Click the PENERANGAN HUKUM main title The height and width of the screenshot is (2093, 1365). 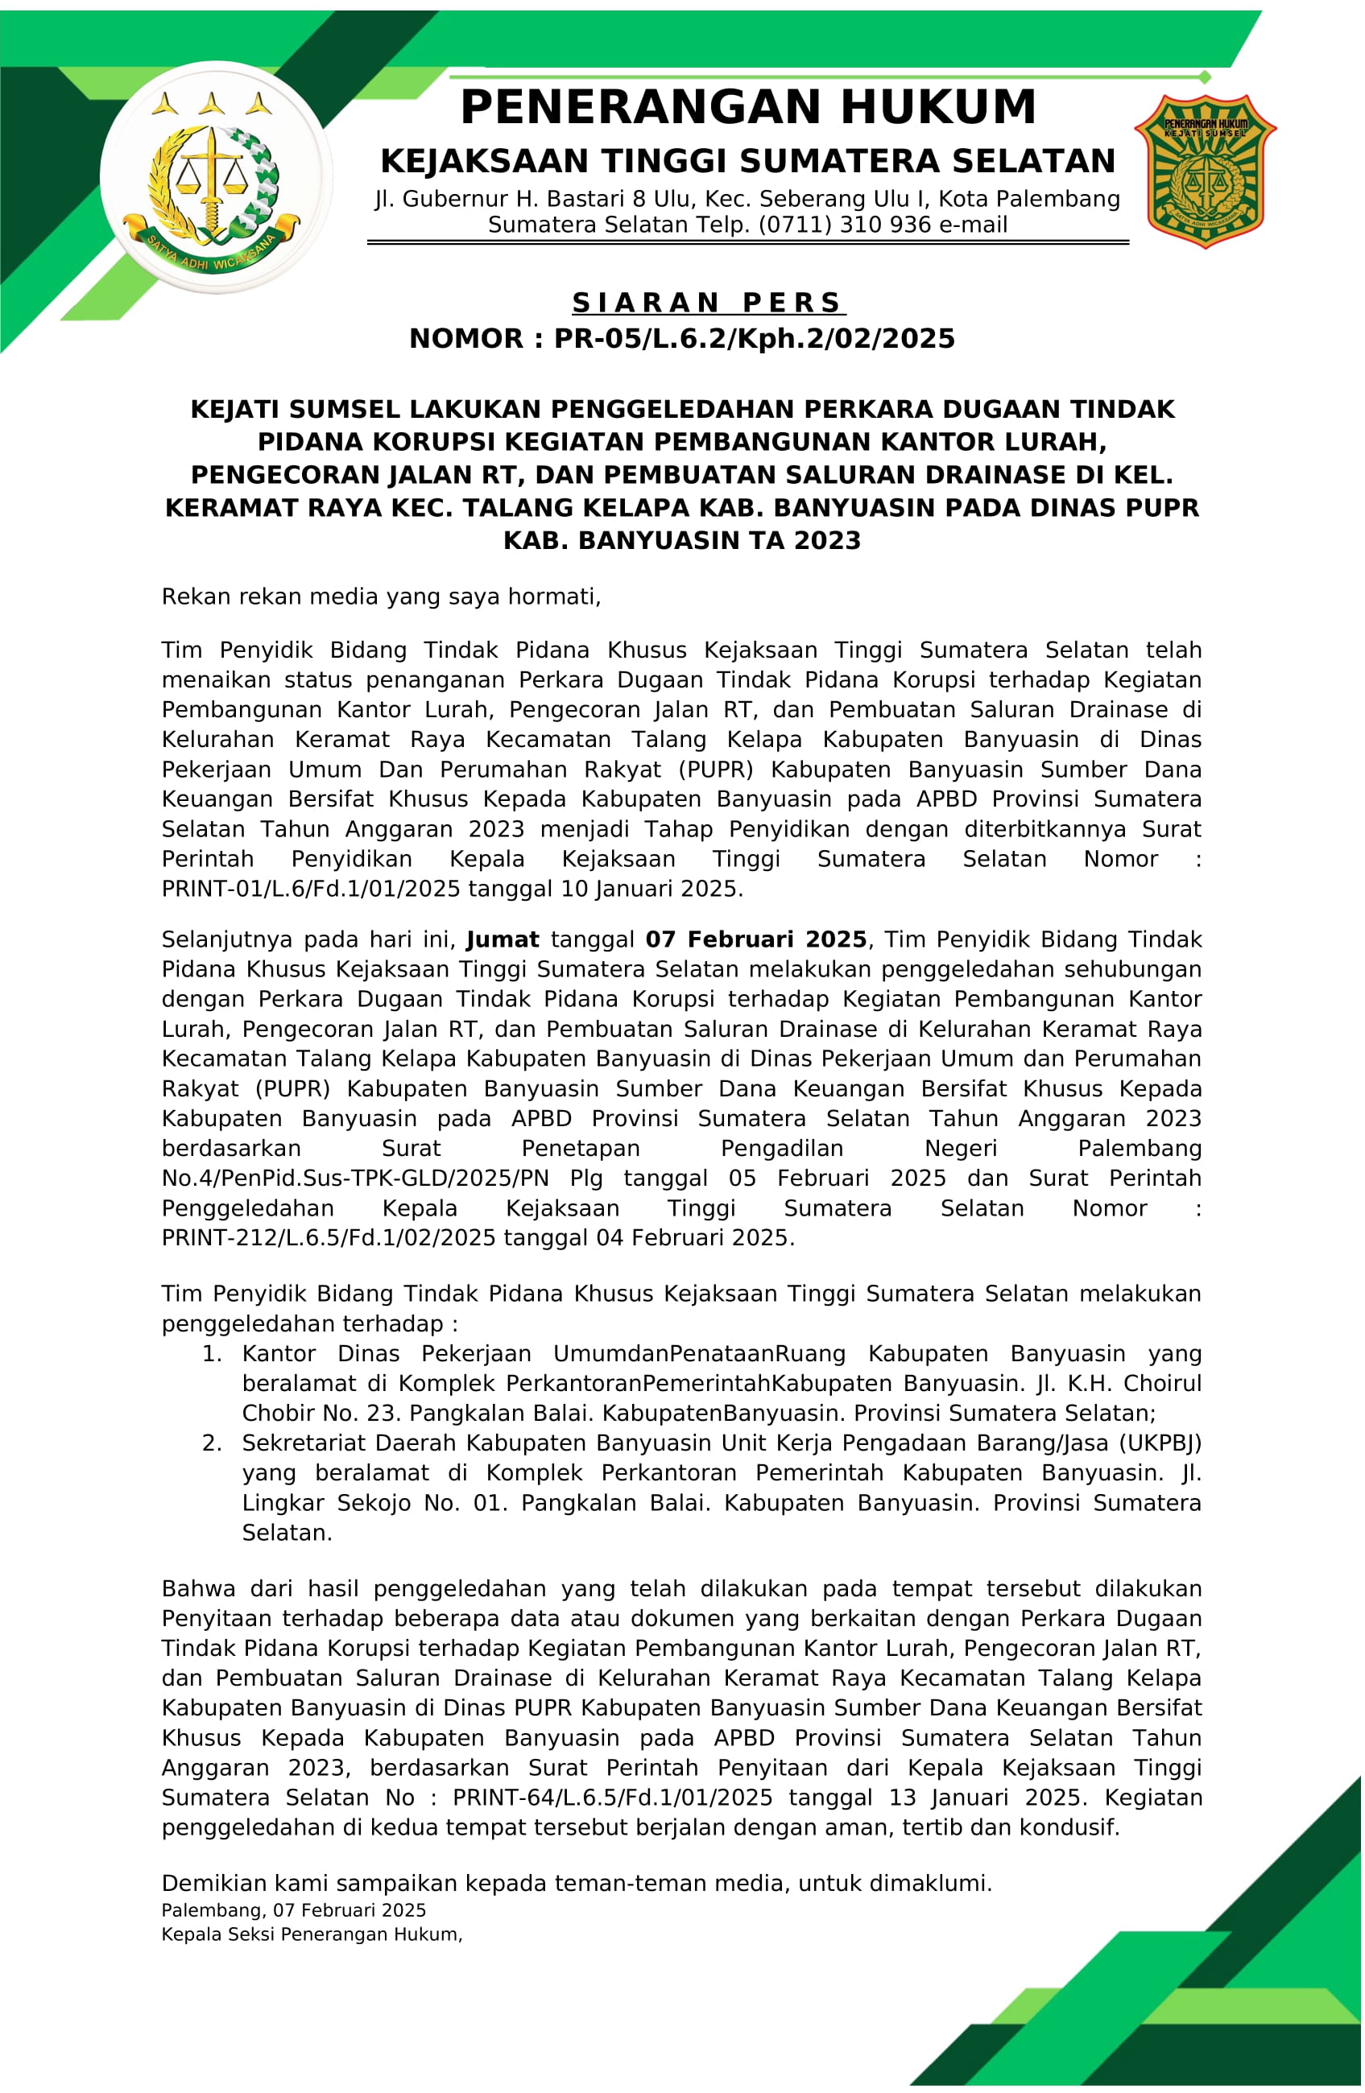[x=747, y=107]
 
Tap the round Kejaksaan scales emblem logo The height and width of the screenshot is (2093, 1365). [x=216, y=178]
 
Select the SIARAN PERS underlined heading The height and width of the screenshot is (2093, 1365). [x=708, y=303]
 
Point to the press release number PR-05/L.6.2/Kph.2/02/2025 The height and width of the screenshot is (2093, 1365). [x=754, y=339]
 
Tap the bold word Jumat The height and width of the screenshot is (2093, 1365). [x=503, y=939]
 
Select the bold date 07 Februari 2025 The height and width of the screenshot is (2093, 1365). [x=755, y=939]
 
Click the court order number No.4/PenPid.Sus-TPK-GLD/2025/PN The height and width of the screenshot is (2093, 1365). [x=355, y=1178]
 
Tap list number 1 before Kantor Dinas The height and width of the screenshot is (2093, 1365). [x=212, y=1353]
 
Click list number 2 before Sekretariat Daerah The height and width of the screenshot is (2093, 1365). [x=212, y=1443]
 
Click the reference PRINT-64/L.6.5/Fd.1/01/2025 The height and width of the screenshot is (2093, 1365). [x=612, y=1797]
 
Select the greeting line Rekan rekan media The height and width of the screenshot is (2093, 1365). [x=381, y=597]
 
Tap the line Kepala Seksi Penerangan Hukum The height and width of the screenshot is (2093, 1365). [x=312, y=1934]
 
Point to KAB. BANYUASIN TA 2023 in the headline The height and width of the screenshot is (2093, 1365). [x=681, y=540]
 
